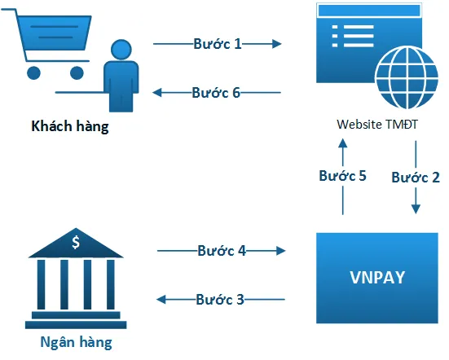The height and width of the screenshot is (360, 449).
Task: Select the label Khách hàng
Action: click(x=69, y=127)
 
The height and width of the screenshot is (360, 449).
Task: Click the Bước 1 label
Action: click(x=217, y=43)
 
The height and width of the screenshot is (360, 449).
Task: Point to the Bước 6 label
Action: click(x=216, y=92)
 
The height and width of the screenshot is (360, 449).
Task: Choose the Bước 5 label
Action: click(x=343, y=176)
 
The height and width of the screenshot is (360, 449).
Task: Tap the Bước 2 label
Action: click(x=416, y=177)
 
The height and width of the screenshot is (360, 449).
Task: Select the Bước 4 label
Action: click(x=221, y=250)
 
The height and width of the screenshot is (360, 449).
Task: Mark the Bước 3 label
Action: click(x=220, y=299)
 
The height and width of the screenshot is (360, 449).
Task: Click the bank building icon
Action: click(x=76, y=278)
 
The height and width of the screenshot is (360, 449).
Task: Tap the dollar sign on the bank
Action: click(x=76, y=242)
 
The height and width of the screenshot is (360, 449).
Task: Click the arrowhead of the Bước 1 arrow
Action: click(x=277, y=44)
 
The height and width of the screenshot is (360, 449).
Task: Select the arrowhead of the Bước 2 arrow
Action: click(x=416, y=209)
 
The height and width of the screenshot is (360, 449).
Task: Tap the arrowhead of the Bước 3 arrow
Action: click(x=161, y=300)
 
